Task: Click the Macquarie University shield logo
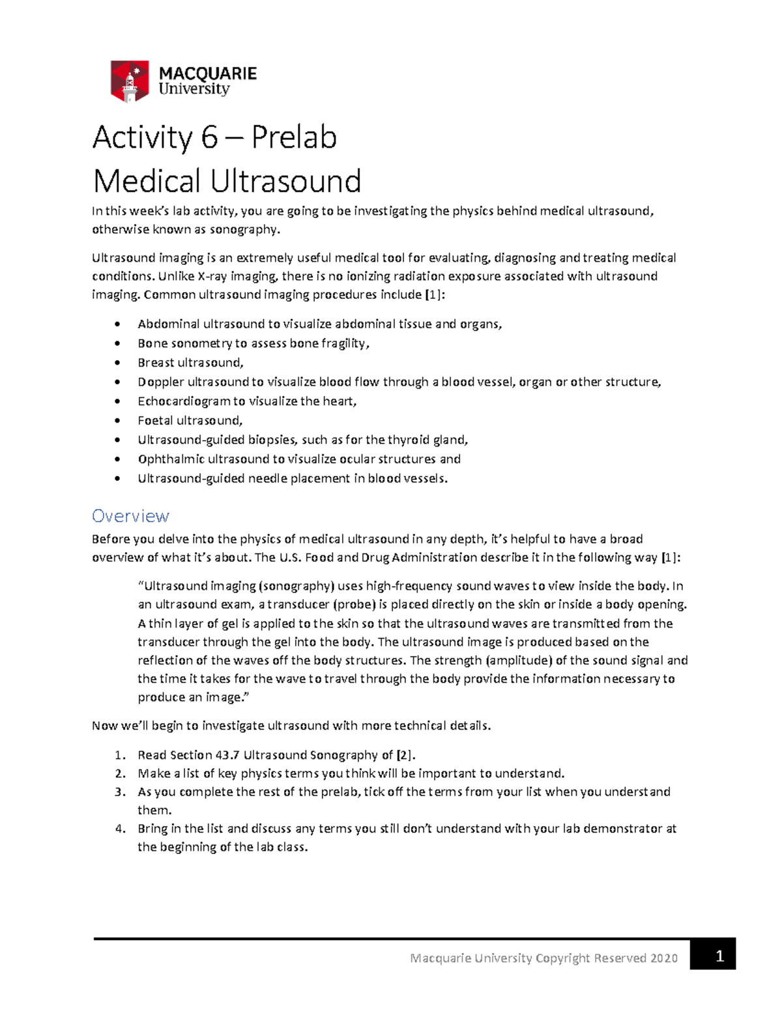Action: pyautogui.click(x=130, y=81)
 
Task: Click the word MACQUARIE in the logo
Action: pyautogui.click(x=207, y=74)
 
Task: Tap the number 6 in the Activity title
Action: pyautogui.click(x=209, y=138)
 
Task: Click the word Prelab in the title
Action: pyautogui.click(x=294, y=138)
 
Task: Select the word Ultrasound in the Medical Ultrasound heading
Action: pyautogui.click(x=285, y=181)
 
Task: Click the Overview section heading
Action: pyautogui.click(x=130, y=516)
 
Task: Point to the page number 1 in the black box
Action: pyautogui.click(x=719, y=956)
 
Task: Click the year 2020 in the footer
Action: pyautogui.click(x=663, y=958)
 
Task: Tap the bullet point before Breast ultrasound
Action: pyautogui.click(x=117, y=363)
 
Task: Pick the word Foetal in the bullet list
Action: pyautogui.click(x=155, y=421)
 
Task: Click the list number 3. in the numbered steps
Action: pyautogui.click(x=120, y=792)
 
